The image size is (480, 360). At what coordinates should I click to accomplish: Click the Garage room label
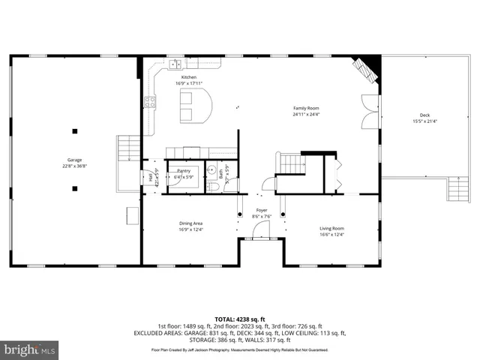click(x=74, y=160)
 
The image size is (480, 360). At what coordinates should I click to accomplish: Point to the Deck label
click(x=424, y=115)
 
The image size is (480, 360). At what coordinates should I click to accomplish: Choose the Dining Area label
click(x=190, y=223)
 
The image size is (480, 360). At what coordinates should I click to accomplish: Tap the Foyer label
click(x=261, y=210)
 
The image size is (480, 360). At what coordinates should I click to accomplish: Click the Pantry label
click(x=184, y=171)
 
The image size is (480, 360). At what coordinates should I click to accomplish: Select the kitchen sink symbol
click(x=173, y=62)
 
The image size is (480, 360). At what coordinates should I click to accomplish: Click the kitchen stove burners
click(x=150, y=103)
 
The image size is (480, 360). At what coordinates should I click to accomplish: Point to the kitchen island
click(x=193, y=105)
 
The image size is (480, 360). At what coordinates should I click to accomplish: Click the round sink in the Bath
click(x=213, y=169)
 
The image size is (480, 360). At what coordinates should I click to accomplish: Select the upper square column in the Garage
click(x=74, y=131)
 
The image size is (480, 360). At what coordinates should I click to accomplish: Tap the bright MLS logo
click(x=30, y=349)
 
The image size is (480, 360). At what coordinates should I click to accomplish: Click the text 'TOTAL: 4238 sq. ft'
click(x=239, y=318)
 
